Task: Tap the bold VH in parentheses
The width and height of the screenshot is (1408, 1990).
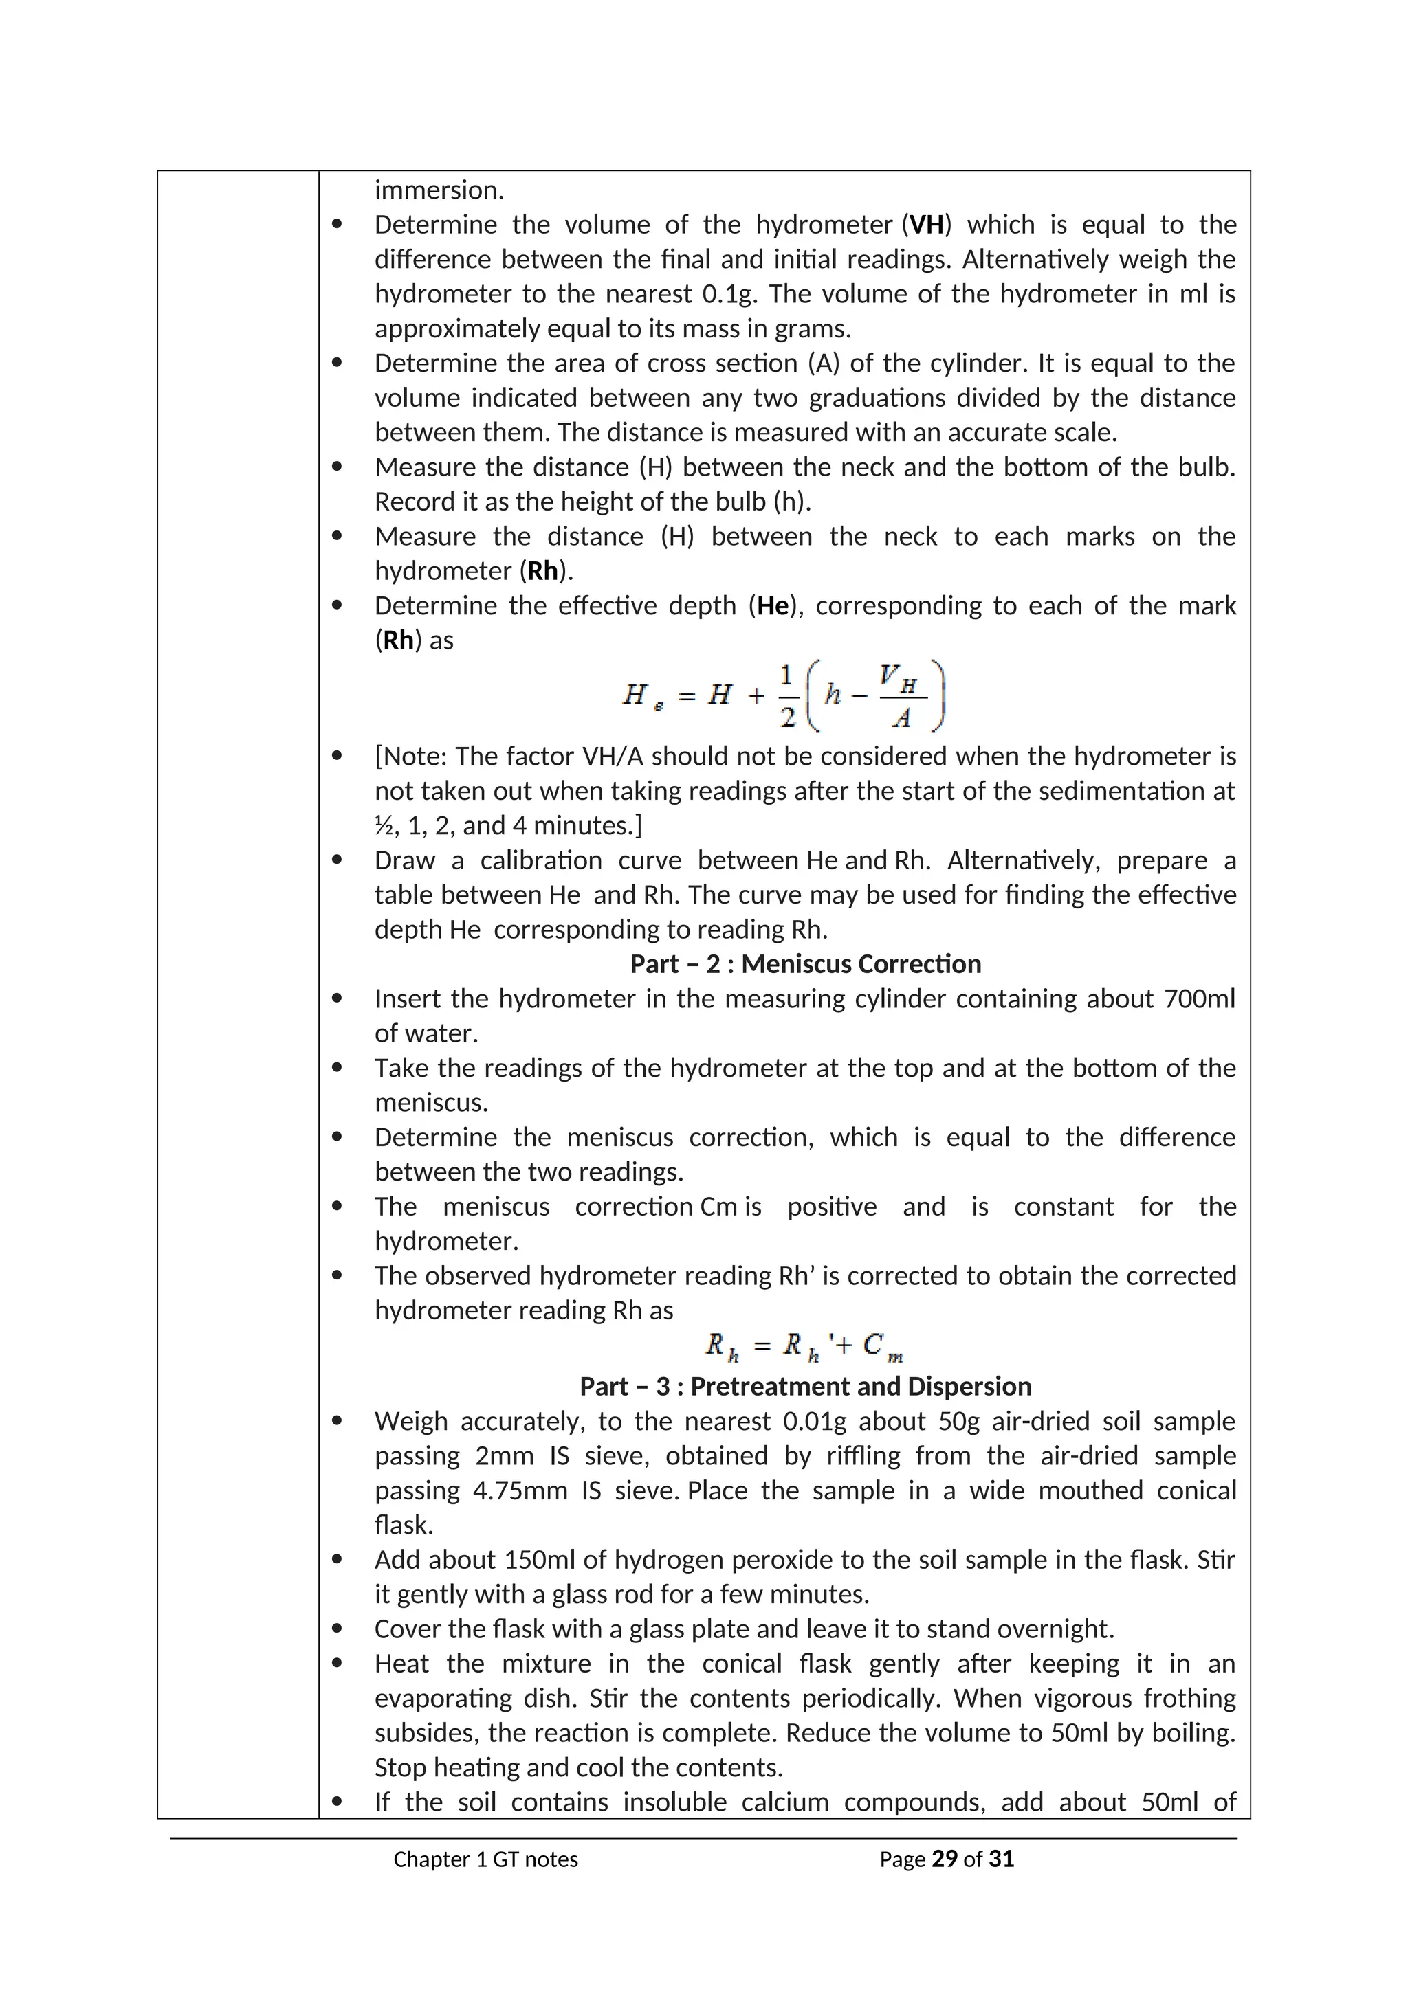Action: click(x=926, y=225)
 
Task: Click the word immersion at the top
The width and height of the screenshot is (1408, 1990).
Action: click(x=438, y=190)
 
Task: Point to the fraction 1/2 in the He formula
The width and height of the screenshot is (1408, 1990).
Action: click(x=787, y=695)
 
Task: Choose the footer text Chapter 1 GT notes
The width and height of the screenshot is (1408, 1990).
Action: click(x=485, y=1859)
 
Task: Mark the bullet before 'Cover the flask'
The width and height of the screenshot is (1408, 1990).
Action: click(x=338, y=1629)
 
